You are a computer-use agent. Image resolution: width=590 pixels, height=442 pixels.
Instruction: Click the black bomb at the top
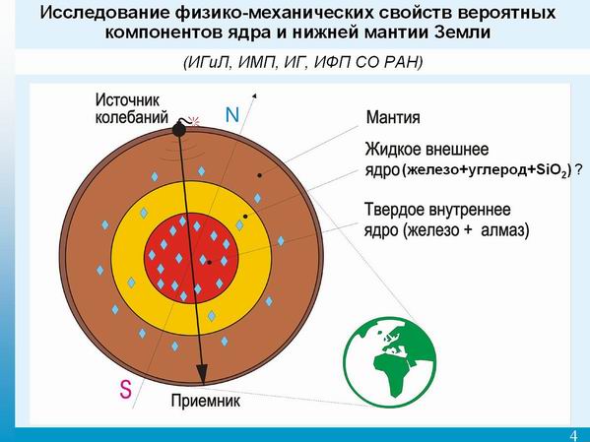point(179,128)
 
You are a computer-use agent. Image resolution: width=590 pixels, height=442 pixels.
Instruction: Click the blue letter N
point(232,115)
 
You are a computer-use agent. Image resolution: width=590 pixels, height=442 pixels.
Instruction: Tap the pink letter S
point(126,390)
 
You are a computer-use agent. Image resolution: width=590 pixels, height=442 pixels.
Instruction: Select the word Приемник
point(206,401)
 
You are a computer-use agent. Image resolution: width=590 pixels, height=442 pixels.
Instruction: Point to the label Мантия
point(393,118)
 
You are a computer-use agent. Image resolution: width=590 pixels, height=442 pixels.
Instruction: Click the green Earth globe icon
point(390,362)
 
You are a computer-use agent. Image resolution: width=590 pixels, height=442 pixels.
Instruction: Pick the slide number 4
point(573,435)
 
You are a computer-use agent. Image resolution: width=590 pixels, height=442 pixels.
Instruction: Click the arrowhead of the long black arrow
point(202,374)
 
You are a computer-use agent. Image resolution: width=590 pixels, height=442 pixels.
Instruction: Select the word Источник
point(127,100)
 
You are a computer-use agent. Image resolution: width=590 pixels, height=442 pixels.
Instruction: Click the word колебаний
point(131,118)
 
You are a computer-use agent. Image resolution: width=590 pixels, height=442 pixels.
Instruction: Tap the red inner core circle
point(191,258)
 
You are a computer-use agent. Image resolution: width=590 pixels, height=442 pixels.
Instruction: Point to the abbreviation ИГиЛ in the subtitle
point(206,62)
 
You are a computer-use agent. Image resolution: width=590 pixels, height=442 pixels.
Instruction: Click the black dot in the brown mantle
point(259,175)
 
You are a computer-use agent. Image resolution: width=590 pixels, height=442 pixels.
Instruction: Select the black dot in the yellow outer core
point(245,217)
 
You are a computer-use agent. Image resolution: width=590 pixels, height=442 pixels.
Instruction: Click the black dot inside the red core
point(209,262)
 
